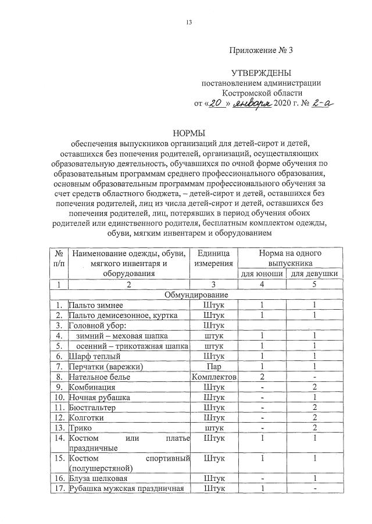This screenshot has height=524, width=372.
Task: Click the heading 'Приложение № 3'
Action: [261, 51]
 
